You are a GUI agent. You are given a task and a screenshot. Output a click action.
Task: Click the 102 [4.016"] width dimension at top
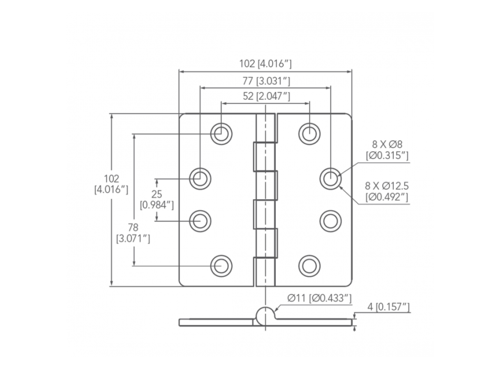tap(265, 64)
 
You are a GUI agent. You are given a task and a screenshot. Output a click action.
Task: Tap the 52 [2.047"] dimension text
tap(265, 96)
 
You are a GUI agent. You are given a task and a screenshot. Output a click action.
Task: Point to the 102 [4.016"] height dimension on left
tap(111, 184)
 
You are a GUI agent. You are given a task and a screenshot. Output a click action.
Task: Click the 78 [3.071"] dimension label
tap(133, 232)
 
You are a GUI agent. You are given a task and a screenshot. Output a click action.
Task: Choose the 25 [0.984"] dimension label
tap(156, 199)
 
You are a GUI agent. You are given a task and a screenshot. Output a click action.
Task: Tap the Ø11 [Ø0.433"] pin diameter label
tap(319, 299)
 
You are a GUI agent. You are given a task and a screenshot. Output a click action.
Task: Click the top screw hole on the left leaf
tap(221, 133)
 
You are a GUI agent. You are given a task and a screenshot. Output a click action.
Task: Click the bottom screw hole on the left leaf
tap(221, 265)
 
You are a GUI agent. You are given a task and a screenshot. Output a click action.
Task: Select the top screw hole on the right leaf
tap(309, 133)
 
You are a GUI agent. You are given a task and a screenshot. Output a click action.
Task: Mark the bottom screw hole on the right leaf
tap(309, 265)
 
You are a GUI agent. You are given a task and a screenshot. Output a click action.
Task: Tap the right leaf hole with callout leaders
tap(330, 179)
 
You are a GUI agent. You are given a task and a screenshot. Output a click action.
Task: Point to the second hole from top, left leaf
tap(200, 179)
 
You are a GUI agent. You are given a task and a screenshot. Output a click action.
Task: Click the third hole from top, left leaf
tap(200, 220)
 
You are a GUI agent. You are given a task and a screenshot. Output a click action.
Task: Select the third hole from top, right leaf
tap(330, 220)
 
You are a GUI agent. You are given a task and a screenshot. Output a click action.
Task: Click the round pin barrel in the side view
tap(265, 315)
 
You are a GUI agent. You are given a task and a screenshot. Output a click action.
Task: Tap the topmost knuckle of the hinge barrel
tap(266, 127)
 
